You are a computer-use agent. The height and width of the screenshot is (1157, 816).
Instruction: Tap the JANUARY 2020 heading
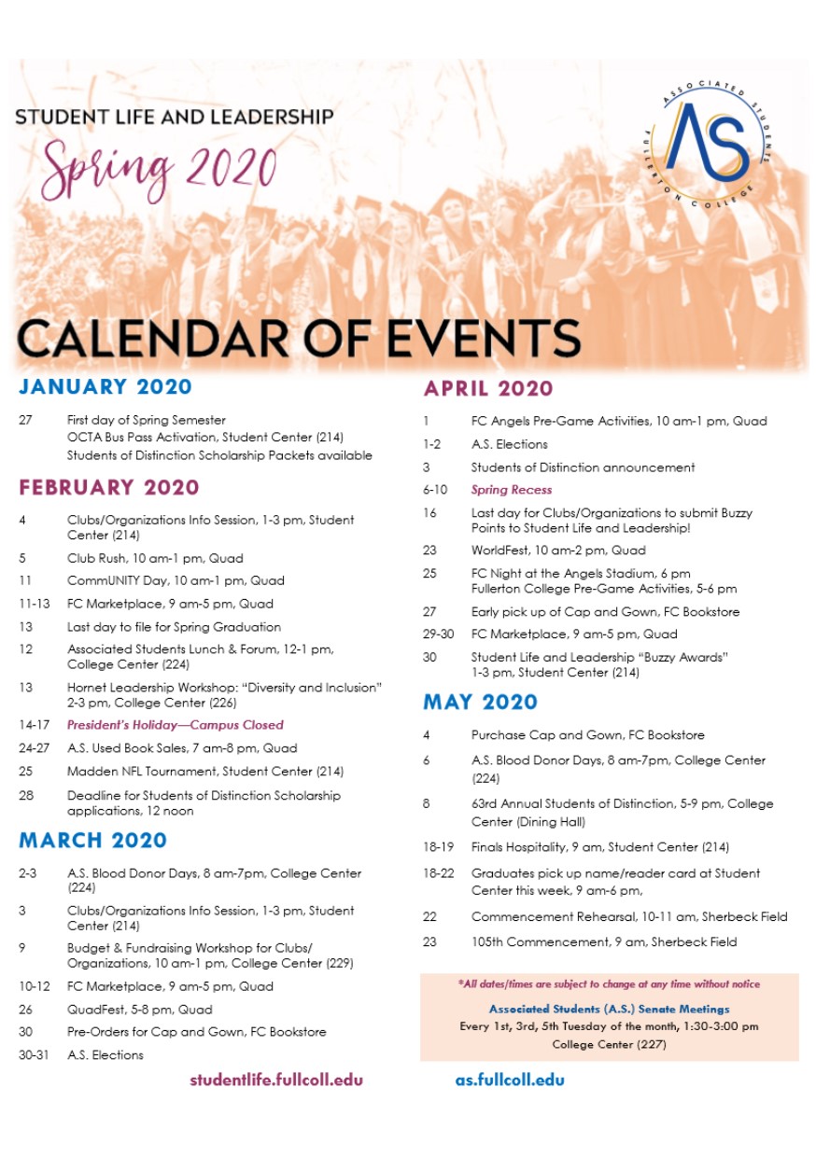tap(106, 387)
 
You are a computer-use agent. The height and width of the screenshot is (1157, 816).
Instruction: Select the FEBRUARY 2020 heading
tap(109, 487)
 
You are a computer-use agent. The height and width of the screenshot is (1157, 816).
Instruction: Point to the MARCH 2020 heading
tap(93, 840)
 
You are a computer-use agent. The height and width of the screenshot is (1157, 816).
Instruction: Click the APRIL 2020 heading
tap(488, 388)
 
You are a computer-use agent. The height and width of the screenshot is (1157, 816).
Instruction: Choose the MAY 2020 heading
tap(480, 702)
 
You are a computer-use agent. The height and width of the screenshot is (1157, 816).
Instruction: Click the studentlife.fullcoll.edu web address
tap(276, 1080)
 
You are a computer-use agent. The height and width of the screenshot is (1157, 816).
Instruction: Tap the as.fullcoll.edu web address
tap(510, 1080)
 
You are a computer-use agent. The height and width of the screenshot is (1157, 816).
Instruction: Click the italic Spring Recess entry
tap(512, 490)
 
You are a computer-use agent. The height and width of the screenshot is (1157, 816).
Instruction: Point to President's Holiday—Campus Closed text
tap(176, 725)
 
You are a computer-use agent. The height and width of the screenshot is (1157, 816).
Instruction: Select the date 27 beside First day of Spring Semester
tap(25, 421)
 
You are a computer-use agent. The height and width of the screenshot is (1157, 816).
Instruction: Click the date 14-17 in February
tap(33, 725)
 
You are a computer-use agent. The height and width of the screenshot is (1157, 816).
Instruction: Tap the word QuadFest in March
tap(93, 1010)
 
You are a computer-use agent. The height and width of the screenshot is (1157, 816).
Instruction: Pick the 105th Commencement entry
tap(604, 942)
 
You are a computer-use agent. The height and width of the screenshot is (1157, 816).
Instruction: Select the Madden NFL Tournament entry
tap(205, 772)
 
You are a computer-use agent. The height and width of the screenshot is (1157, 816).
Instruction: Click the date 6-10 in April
tap(435, 490)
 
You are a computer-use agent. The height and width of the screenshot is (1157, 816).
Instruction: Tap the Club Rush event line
tap(155, 559)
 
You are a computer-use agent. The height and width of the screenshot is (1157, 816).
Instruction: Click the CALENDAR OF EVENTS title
tap(299, 338)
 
